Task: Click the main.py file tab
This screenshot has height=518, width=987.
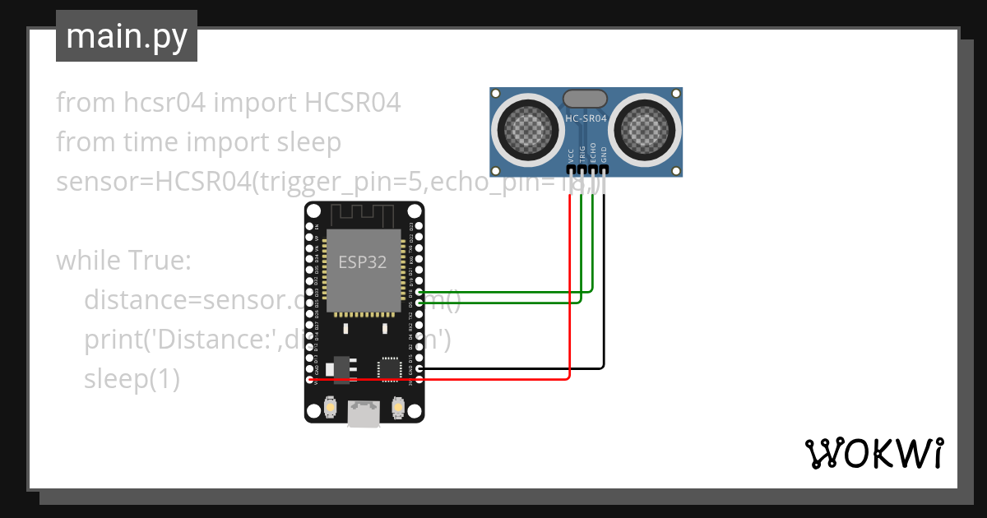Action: point(126,36)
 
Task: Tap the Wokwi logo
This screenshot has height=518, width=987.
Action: point(873,452)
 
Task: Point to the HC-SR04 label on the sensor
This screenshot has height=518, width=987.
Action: point(586,118)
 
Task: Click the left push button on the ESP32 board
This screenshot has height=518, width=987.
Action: point(330,407)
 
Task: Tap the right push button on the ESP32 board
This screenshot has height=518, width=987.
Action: point(398,407)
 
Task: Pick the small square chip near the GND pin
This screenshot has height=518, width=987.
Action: point(388,368)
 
